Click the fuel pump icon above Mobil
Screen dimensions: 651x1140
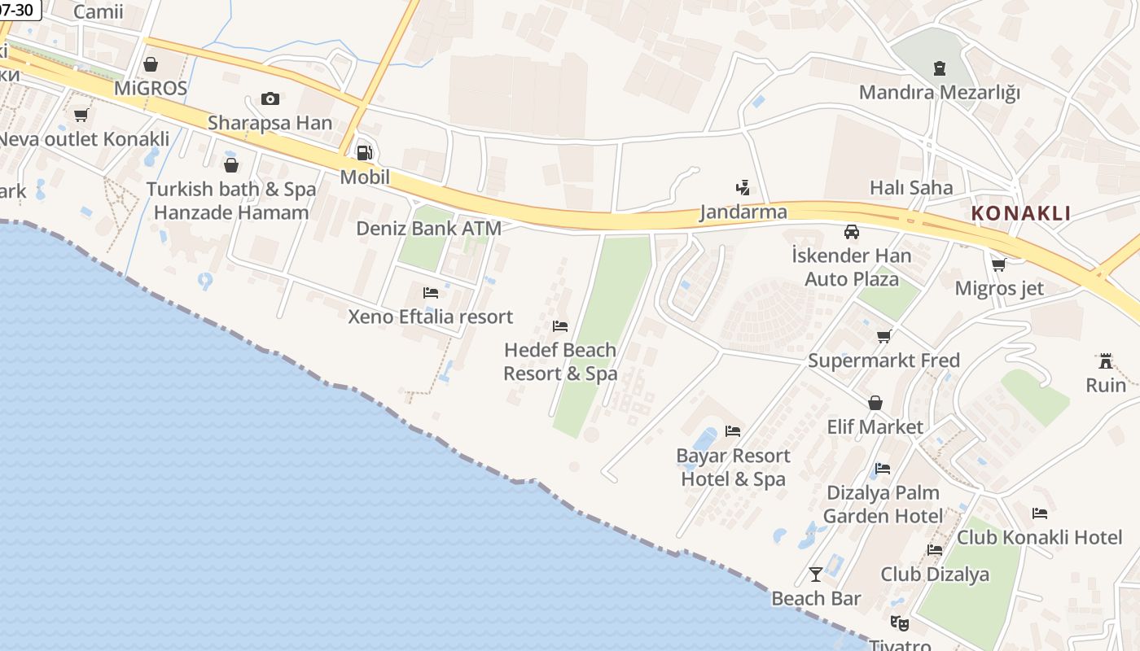[x=365, y=152]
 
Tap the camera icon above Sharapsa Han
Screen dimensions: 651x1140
[x=270, y=98]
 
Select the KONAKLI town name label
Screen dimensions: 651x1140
[x=1021, y=213]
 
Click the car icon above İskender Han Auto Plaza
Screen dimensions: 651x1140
[x=852, y=232]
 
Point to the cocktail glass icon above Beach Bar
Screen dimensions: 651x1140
[x=816, y=575]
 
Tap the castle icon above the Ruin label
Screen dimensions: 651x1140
[x=1106, y=360]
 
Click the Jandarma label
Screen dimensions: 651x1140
[x=743, y=212]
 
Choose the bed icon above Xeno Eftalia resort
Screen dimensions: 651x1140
[x=431, y=293]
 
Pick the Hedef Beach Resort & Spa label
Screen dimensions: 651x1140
[x=560, y=361]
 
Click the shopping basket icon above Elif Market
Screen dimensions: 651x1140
[x=875, y=403]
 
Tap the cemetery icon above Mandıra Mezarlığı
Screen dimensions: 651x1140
[x=940, y=68]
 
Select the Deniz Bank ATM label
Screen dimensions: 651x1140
[x=428, y=229]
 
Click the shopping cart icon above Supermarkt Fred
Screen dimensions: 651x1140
[x=884, y=336]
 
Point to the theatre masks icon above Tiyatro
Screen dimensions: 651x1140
[x=899, y=623]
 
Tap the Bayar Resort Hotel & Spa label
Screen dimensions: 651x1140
[x=733, y=467]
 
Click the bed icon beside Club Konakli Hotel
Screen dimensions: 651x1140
[x=1040, y=513]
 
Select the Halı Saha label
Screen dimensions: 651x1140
[x=911, y=187]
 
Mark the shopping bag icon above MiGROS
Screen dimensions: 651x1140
[x=151, y=63]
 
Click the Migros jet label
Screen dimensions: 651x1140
[x=999, y=288]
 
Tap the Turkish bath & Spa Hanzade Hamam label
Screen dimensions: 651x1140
[x=231, y=201]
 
